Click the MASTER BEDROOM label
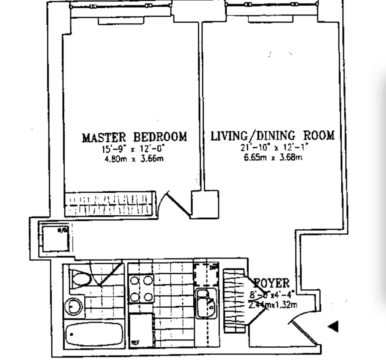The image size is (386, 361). pyautogui.click(x=134, y=137)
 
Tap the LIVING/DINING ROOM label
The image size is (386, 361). pyautogui.click(x=272, y=136)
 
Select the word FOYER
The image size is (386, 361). pyautogui.click(x=272, y=284)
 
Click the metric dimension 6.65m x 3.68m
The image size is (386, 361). pyautogui.click(x=273, y=157)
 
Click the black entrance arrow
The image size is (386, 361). pyautogui.click(x=333, y=327)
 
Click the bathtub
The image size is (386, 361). pyautogui.click(x=94, y=334)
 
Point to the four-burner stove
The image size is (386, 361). pyautogui.click(x=141, y=288)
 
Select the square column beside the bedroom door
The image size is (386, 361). pyautogui.click(x=205, y=205)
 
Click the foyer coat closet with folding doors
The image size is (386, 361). pyautogui.click(x=235, y=300)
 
